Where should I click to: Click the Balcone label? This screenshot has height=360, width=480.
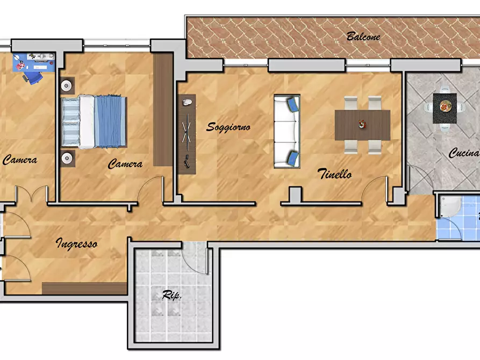click(363, 37)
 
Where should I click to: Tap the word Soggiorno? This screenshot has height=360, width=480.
click(228, 127)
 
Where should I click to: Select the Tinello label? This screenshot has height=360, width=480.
click(334, 174)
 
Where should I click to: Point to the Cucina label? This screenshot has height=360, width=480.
click(464, 153)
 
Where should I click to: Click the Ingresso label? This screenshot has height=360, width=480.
click(76, 244)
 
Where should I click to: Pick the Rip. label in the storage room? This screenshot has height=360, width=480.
click(171, 295)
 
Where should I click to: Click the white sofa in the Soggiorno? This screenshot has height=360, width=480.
click(287, 131)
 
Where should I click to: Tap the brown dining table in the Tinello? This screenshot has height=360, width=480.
click(362, 125)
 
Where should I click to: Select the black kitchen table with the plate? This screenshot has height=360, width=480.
click(445, 109)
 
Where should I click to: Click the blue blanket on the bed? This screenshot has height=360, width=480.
click(110, 121)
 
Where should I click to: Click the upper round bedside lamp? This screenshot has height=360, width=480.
click(67, 86)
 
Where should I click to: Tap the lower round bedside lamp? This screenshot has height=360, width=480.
click(67, 158)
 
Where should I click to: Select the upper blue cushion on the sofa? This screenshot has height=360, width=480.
click(293, 104)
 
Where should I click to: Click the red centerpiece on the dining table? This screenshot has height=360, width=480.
click(362, 124)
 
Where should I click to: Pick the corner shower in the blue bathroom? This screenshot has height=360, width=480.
click(450, 206)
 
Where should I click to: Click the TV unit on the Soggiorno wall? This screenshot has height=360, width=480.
click(187, 134)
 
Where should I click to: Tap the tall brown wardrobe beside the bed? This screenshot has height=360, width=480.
click(163, 110)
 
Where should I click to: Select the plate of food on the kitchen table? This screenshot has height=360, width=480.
click(445, 106)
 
